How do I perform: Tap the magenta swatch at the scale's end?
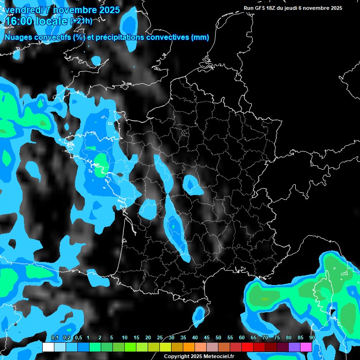(306, 347)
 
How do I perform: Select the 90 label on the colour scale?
(312, 338)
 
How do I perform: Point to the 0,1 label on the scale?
(54, 338)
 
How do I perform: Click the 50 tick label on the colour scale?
(218, 338)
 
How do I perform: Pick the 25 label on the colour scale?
(160, 338)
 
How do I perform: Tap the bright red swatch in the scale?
(247, 347)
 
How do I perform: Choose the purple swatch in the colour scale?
(294, 347)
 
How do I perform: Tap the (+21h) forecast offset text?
(81, 21)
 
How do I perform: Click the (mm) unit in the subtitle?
(200, 37)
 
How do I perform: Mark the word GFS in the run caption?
(261, 8)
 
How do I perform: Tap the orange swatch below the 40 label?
(189, 347)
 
